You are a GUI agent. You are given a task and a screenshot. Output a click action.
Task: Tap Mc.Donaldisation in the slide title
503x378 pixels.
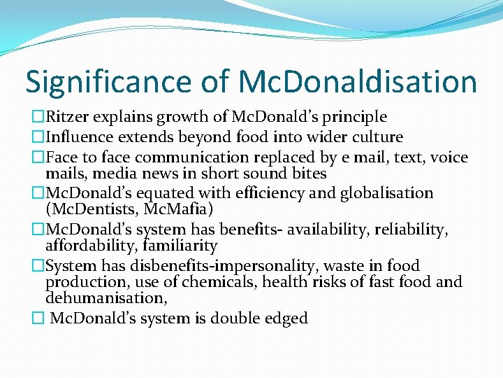[358, 82]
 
